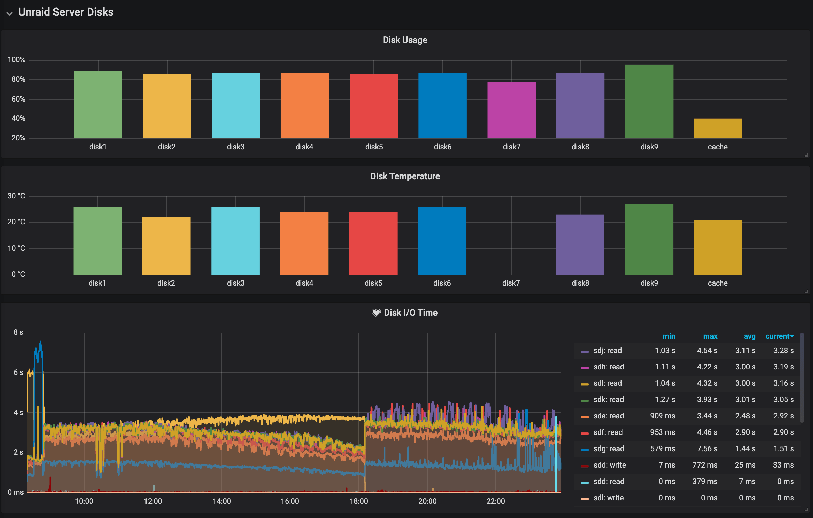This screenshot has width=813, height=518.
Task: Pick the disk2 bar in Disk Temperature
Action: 166,246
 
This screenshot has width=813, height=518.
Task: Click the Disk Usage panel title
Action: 405,40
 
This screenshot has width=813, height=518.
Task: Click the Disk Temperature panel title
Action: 405,176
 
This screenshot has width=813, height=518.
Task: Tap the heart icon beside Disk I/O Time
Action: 376,313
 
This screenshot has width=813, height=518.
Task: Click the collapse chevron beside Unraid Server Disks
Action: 10,13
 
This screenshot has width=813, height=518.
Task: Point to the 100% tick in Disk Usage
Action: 16,60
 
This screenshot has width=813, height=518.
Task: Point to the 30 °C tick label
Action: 16,196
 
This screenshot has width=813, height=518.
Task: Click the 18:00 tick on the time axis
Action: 358,501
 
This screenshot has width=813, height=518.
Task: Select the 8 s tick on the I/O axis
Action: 18,332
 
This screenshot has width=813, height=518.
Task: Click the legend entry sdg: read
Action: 609,448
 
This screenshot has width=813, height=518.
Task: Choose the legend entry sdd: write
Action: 609,465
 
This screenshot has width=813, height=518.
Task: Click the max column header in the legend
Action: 710,336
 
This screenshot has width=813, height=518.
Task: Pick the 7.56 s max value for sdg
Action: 707,448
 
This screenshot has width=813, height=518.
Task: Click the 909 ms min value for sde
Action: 662,416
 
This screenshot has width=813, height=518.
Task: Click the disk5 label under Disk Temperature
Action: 373,283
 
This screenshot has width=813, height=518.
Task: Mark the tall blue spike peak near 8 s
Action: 40,342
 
